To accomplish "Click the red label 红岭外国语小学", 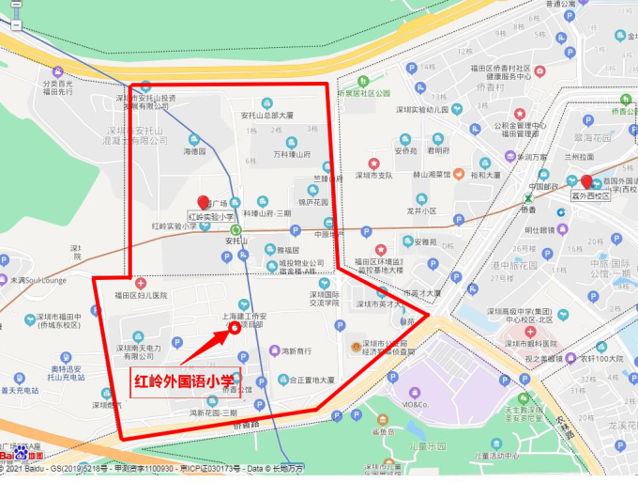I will (184, 382).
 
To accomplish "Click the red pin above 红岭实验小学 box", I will (204, 203).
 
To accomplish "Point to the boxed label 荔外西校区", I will (591, 196).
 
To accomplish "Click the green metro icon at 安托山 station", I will (235, 228).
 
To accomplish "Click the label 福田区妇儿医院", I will (141, 295).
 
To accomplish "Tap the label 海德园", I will (194, 150).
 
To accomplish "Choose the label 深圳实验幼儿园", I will (430, 109).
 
